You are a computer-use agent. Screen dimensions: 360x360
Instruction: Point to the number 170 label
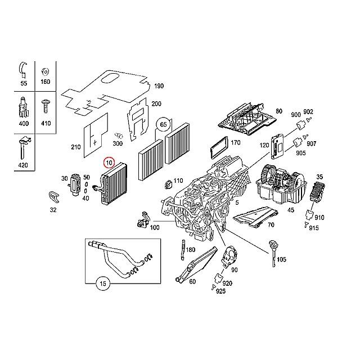[x=236, y=142]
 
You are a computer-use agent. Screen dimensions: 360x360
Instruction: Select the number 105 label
[x=281, y=260]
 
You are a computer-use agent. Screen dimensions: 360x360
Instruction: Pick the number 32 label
[x=53, y=210]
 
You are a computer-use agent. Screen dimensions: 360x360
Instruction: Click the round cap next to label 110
[x=167, y=185]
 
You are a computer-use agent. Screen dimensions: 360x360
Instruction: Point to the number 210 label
[x=76, y=147]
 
